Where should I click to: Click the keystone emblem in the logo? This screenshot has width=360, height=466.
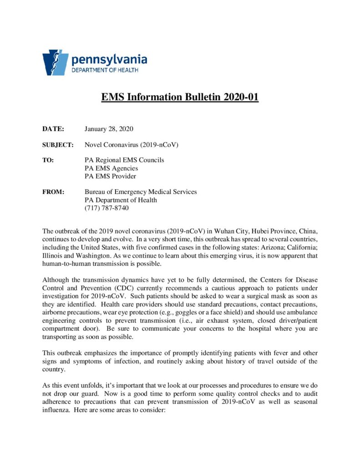click(x=56, y=62)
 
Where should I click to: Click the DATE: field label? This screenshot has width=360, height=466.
click(x=53, y=129)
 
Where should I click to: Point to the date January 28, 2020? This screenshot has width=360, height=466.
click(x=109, y=129)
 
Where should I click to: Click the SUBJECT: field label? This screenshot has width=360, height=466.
click(x=58, y=145)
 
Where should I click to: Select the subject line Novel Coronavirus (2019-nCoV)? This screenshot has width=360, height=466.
click(x=131, y=145)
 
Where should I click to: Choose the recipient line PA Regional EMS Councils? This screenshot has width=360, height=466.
click(x=124, y=160)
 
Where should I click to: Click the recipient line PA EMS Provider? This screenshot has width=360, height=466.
click(x=110, y=176)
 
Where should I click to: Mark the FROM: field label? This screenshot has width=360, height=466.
click(x=53, y=192)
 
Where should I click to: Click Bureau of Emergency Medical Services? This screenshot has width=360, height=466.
click(x=141, y=192)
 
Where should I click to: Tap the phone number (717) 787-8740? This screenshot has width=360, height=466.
click(x=106, y=208)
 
